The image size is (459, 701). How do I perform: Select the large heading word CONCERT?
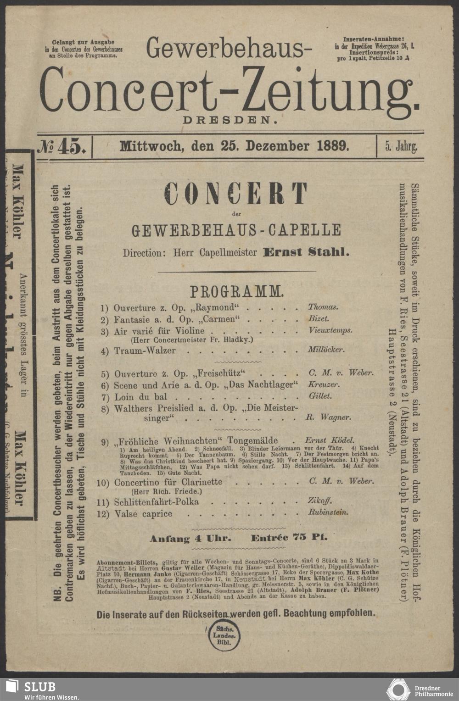click(x=236, y=193)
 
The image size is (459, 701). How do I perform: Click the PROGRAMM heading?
click(x=237, y=292)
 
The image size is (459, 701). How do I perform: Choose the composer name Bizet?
click(x=319, y=318)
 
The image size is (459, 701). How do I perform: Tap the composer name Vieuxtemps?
click(x=330, y=330)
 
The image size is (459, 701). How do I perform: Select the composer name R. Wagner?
click(x=328, y=417)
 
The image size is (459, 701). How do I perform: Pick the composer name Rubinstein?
click(x=328, y=512)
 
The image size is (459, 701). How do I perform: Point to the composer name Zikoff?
click(x=320, y=501)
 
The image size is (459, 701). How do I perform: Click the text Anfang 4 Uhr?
click(x=190, y=539)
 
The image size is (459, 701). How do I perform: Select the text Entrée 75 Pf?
click(x=289, y=538)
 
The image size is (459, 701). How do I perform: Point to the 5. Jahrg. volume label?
click(x=401, y=147)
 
